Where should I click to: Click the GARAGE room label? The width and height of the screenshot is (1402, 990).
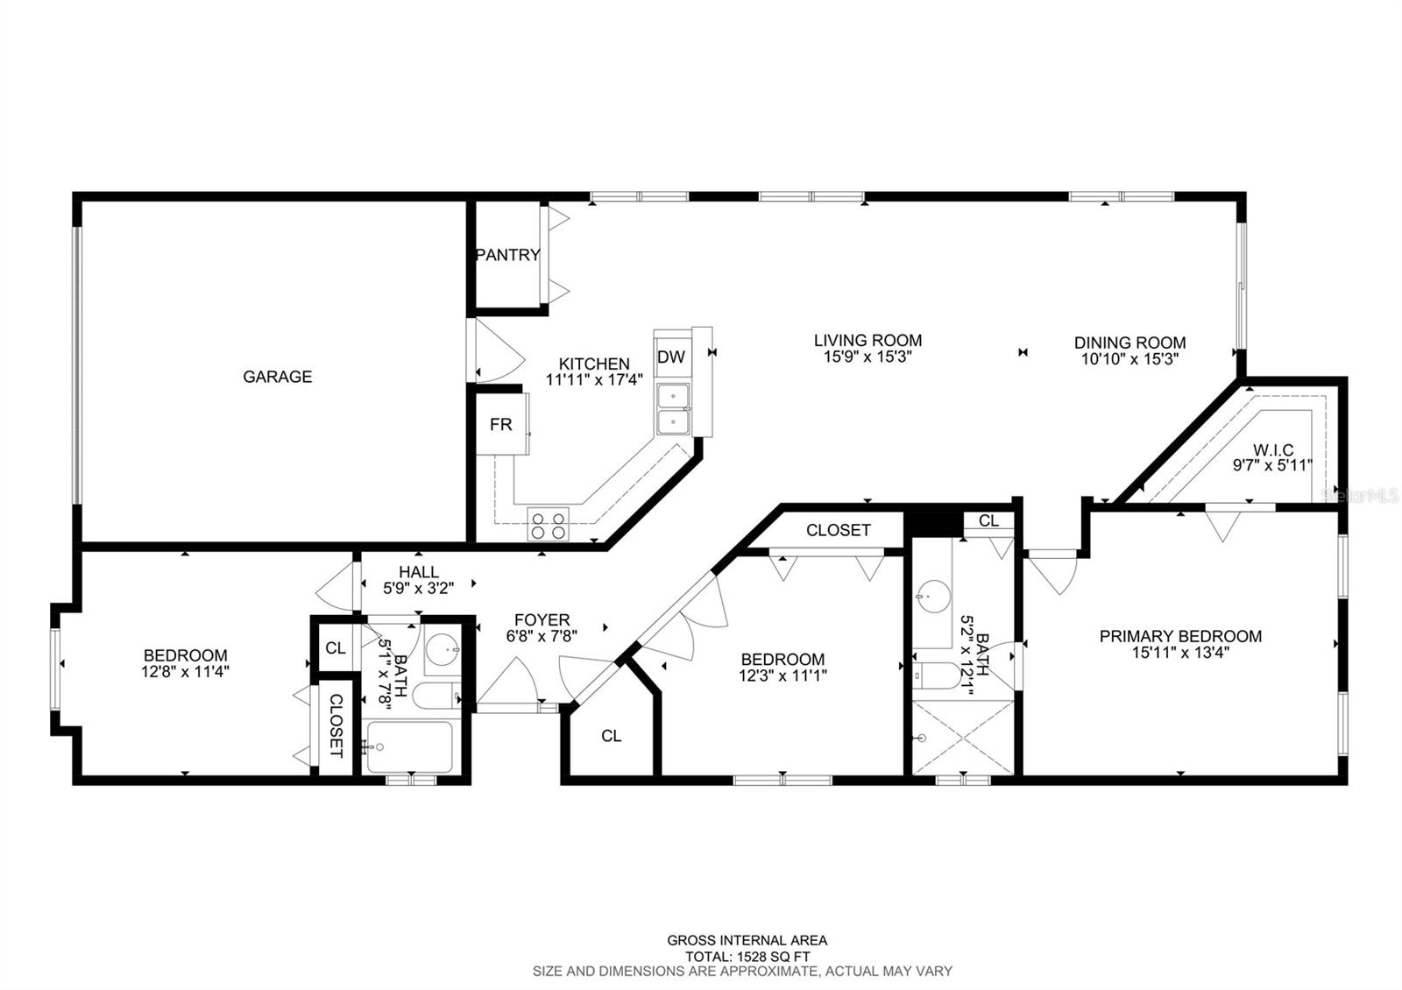point(277,377)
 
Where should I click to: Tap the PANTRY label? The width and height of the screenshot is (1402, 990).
point(507,255)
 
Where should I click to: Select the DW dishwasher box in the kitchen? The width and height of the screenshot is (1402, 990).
point(671,357)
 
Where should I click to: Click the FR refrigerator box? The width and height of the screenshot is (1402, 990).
point(501,424)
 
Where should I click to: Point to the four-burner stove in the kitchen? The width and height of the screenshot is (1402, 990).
point(549,524)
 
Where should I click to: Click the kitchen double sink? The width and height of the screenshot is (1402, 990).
point(673,409)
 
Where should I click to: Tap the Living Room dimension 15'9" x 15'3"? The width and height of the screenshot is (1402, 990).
point(867,357)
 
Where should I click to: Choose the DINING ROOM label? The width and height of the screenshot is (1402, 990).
point(1129,343)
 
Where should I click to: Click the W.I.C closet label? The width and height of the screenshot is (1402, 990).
point(1273,450)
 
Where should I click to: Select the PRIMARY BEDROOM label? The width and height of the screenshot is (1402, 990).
point(1180,636)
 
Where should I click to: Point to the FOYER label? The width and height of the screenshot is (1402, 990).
point(542,620)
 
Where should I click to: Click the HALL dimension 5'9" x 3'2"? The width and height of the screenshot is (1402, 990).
point(419,588)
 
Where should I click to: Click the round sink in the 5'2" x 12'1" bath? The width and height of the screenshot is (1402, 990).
point(933,597)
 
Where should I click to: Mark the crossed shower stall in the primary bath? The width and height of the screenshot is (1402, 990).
point(963,737)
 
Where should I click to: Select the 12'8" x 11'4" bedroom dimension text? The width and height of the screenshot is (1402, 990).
point(185,672)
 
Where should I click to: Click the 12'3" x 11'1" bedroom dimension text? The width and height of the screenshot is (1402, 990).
point(783,675)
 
